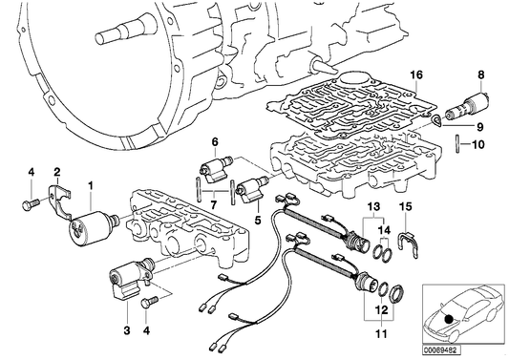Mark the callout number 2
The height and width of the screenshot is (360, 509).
[56, 171]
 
